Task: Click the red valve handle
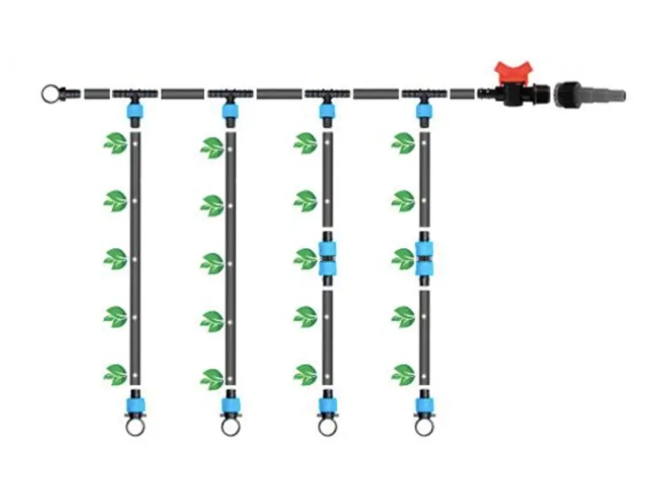514,73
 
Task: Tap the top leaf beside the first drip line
115,144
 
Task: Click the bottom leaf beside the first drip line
115,374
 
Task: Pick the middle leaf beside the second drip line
212,262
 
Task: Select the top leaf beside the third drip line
305,143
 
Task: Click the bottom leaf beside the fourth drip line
403,374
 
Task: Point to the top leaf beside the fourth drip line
403,143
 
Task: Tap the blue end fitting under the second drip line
231,405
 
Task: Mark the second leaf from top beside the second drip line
212,205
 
